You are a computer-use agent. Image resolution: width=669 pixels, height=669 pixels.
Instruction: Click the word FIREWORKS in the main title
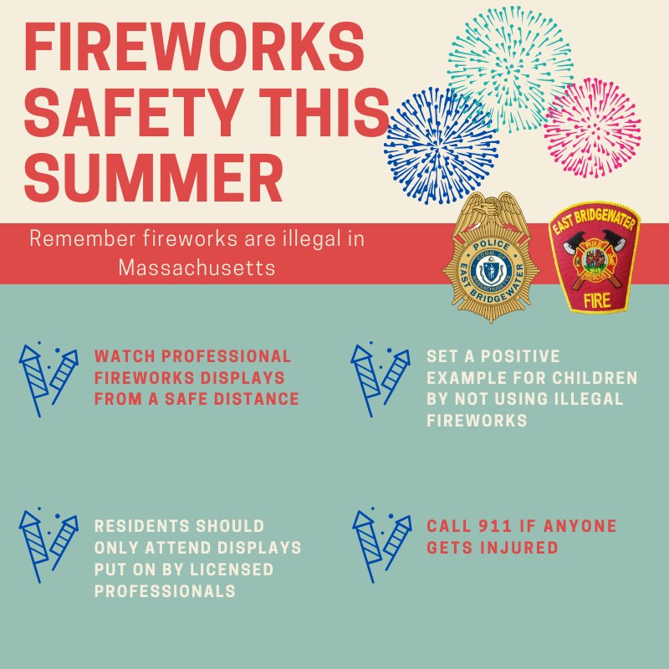coord(194,46)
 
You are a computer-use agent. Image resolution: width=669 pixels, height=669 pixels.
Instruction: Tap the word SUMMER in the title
coord(154,177)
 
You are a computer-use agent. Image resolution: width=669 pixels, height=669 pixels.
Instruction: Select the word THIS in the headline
coord(324,112)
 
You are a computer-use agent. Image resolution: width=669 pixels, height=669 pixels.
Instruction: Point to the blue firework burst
coord(442,146)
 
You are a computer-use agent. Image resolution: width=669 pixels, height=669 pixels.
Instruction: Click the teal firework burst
coord(510,69)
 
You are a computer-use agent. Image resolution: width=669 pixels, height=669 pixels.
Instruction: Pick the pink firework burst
coord(592,128)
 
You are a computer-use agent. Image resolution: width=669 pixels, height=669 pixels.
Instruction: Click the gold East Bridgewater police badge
coord(491,258)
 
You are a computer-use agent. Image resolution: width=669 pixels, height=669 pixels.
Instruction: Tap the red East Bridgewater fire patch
coord(595,258)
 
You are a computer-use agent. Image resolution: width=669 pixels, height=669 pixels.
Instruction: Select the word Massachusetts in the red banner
coord(197,268)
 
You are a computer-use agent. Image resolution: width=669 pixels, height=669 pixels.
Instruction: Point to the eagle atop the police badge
coord(491,212)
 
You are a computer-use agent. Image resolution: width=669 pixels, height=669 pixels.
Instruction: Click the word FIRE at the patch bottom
coord(597,301)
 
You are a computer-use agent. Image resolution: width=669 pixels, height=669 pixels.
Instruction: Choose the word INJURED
coord(518,548)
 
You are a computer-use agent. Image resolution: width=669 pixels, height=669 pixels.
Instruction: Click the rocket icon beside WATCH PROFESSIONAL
coord(49,380)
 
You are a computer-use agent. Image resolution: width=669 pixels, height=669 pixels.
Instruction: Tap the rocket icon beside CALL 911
coord(382,545)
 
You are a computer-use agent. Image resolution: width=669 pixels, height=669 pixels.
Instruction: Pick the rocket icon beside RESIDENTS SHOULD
coord(49,545)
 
